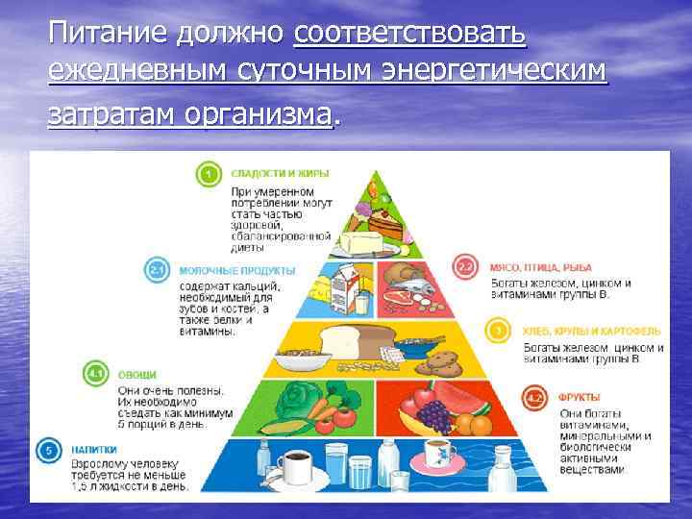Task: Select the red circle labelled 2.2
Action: click(466, 267)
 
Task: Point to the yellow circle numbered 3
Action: click(498, 332)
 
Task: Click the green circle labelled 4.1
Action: click(95, 371)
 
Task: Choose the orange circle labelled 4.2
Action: click(534, 396)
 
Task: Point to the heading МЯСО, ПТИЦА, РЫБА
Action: click(542, 267)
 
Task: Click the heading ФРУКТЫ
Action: click(580, 397)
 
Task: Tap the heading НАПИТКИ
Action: click(94, 449)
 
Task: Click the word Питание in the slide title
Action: click(109, 35)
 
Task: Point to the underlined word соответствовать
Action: click(410, 35)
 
